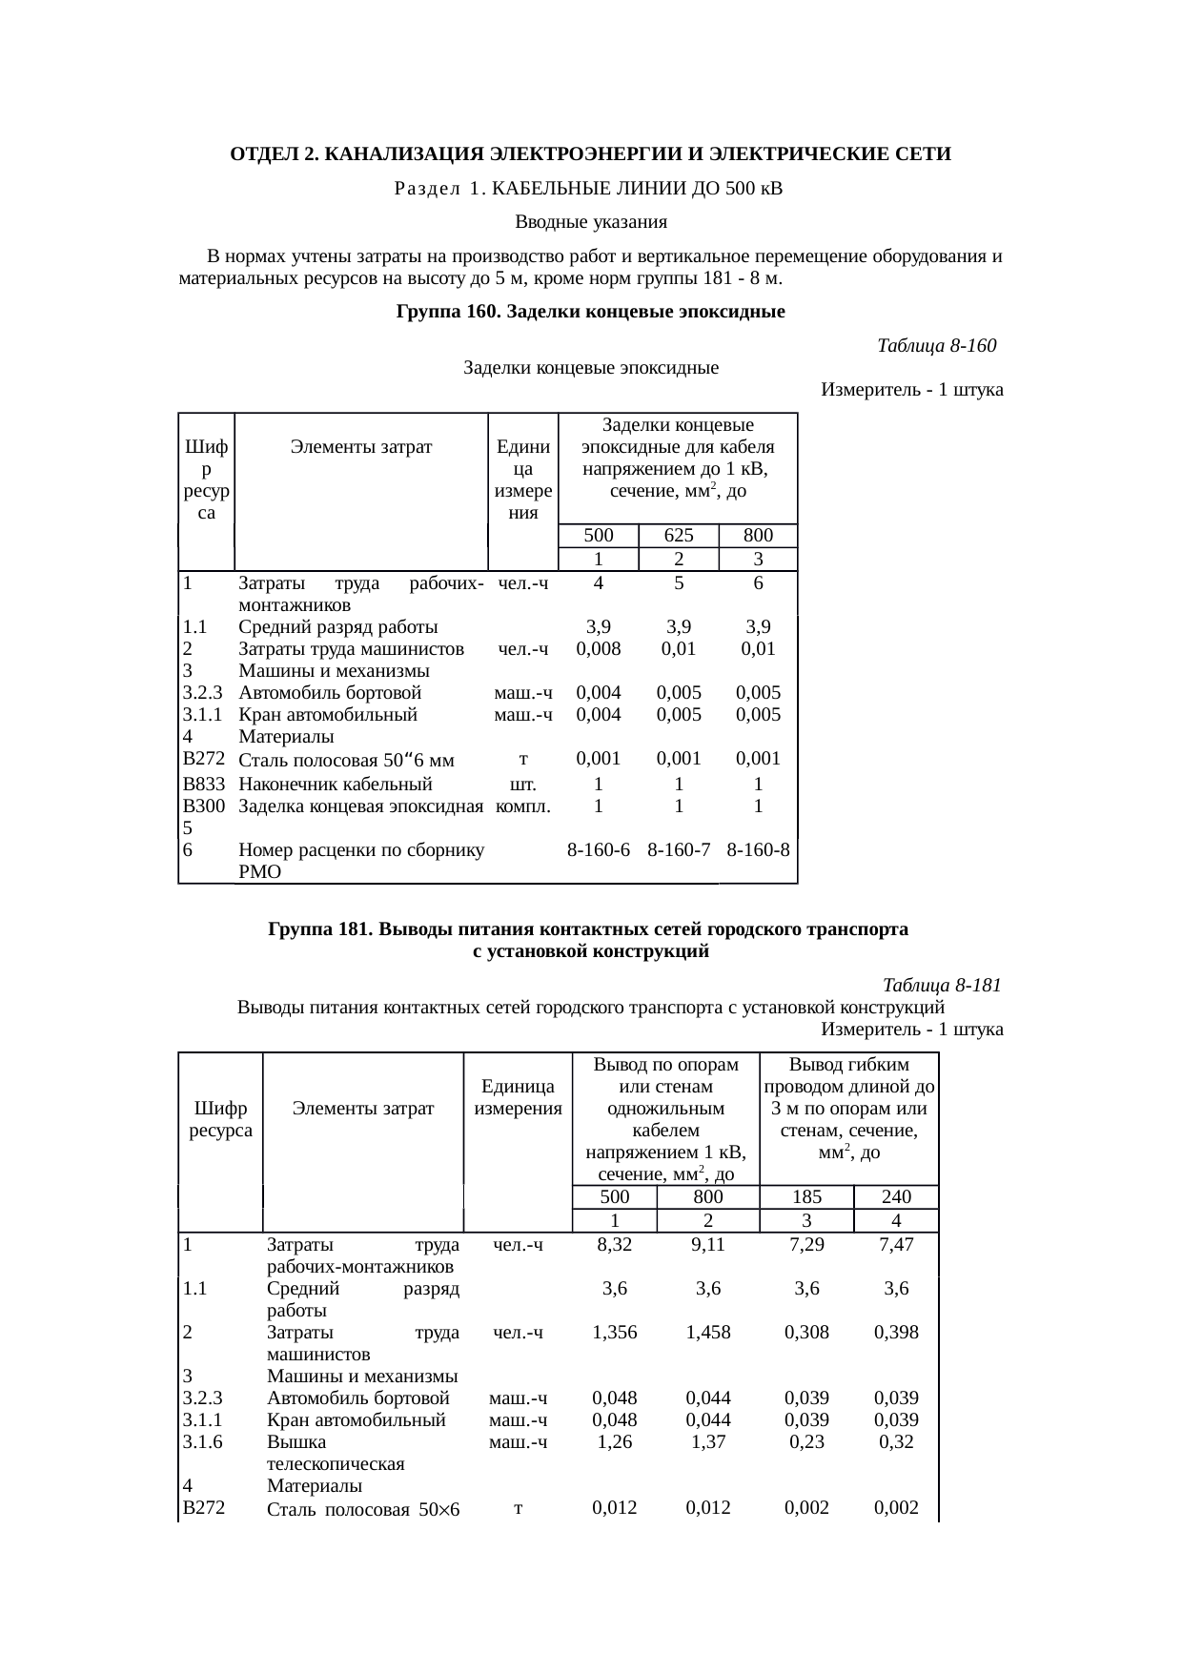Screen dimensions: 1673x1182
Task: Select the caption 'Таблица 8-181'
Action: click(942, 985)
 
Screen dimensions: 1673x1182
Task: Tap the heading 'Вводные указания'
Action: click(590, 222)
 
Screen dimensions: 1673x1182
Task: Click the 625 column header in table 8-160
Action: click(678, 535)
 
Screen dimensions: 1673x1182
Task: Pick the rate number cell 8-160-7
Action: click(678, 848)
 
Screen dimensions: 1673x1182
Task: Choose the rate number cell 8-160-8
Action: click(758, 848)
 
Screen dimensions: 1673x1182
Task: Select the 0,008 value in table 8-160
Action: click(598, 649)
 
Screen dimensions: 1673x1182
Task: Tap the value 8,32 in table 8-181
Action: click(614, 1244)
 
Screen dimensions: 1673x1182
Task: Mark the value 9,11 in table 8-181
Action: click(708, 1244)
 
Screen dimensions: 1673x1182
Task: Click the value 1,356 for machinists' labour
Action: click(614, 1333)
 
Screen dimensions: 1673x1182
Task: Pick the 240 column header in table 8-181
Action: click(896, 1196)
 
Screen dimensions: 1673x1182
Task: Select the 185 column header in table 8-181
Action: click(806, 1196)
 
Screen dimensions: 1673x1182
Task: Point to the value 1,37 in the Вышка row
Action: click(708, 1442)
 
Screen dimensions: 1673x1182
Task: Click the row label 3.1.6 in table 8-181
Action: click(202, 1442)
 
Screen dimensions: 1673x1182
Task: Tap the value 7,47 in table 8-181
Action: click(896, 1244)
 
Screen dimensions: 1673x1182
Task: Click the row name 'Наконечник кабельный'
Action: click(336, 785)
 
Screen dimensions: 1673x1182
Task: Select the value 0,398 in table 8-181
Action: click(896, 1333)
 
